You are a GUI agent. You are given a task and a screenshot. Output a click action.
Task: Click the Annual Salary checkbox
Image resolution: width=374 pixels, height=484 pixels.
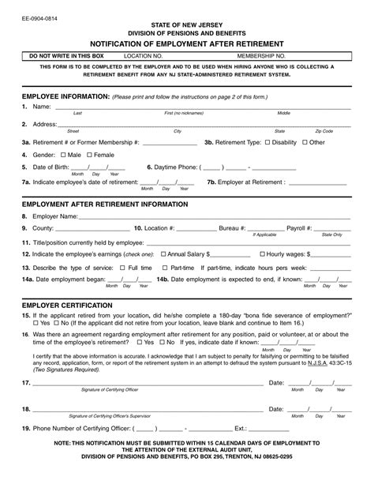(x=163, y=255)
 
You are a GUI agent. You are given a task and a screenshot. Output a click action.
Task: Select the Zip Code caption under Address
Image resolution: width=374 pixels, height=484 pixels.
(x=324, y=130)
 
